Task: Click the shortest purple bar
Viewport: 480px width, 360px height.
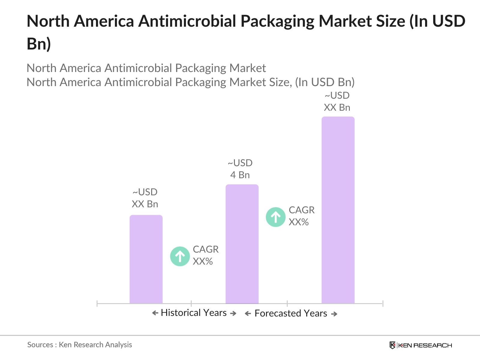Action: [146, 259]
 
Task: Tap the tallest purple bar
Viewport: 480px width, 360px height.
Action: [338, 210]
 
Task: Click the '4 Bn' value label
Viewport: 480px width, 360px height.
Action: [240, 175]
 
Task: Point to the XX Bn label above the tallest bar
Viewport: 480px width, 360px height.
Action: [337, 107]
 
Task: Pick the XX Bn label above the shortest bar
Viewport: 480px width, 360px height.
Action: [145, 204]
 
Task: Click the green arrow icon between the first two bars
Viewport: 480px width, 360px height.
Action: [180, 256]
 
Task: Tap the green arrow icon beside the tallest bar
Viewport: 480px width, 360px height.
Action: [275, 217]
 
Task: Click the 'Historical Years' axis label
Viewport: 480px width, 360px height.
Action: [193, 313]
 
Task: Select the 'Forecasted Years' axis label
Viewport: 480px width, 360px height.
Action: [291, 313]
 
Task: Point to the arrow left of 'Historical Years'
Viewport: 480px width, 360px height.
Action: [155, 313]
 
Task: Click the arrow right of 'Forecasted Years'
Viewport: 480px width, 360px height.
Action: [334, 314]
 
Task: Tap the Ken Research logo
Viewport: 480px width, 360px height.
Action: [421, 345]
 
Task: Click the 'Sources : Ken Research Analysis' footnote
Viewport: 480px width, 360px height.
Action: [79, 345]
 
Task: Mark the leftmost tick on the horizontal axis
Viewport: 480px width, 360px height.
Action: [97, 304]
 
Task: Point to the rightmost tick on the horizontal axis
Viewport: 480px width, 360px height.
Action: [383, 304]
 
